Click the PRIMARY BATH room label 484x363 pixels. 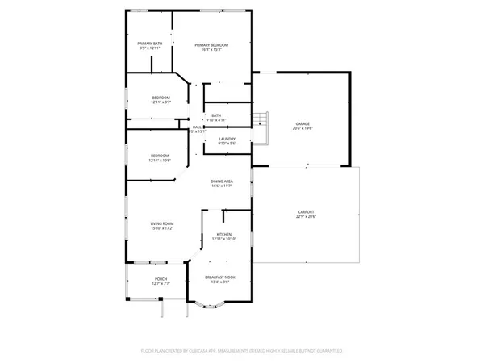coord(149,44)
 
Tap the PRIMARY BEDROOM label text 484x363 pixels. coord(212,44)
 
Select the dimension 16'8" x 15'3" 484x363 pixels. coord(212,50)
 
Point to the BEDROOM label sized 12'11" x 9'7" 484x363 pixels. coord(161,98)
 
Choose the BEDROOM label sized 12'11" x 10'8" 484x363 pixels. coord(161,155)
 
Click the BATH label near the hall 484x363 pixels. coord(216,115)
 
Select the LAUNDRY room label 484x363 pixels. coord(227,139)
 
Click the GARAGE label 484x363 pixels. coord(303,123)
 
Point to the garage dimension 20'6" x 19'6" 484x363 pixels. coord(303,129)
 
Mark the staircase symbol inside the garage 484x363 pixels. coord(260,121)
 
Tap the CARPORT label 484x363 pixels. coord(306,212)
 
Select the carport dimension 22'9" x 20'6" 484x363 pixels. coord(306,218)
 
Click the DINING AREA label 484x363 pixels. coord(223,181)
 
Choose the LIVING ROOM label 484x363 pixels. coord(162,223)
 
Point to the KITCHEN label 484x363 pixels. coord(223,234)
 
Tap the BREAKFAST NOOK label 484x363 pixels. coord(223,277)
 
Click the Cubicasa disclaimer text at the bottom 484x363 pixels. coord(242,352)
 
